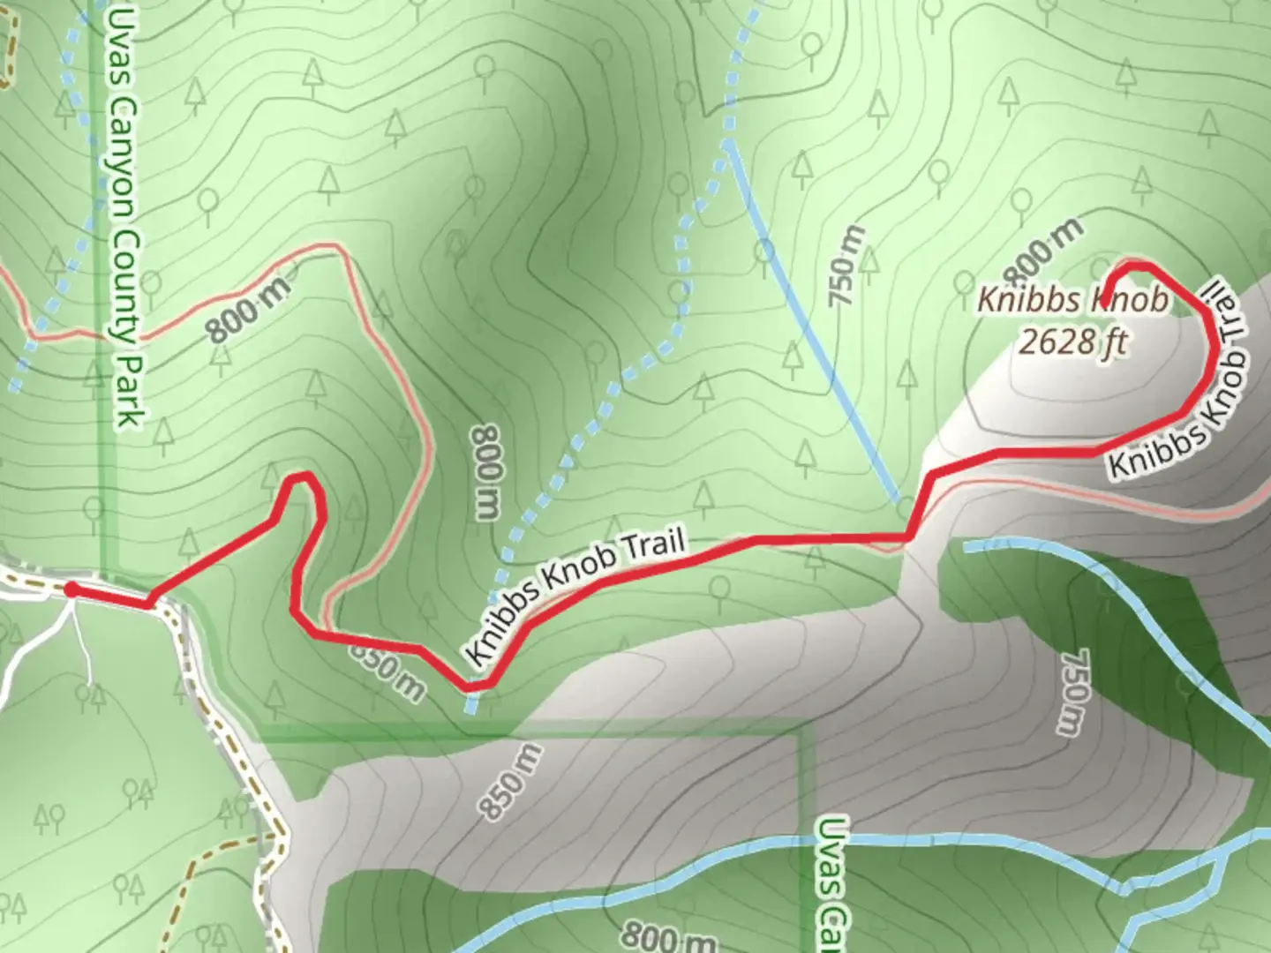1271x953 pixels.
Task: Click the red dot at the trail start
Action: (71, 589)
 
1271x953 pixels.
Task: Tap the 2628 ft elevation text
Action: (1072, 340)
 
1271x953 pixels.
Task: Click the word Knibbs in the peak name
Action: (1029, 301)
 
